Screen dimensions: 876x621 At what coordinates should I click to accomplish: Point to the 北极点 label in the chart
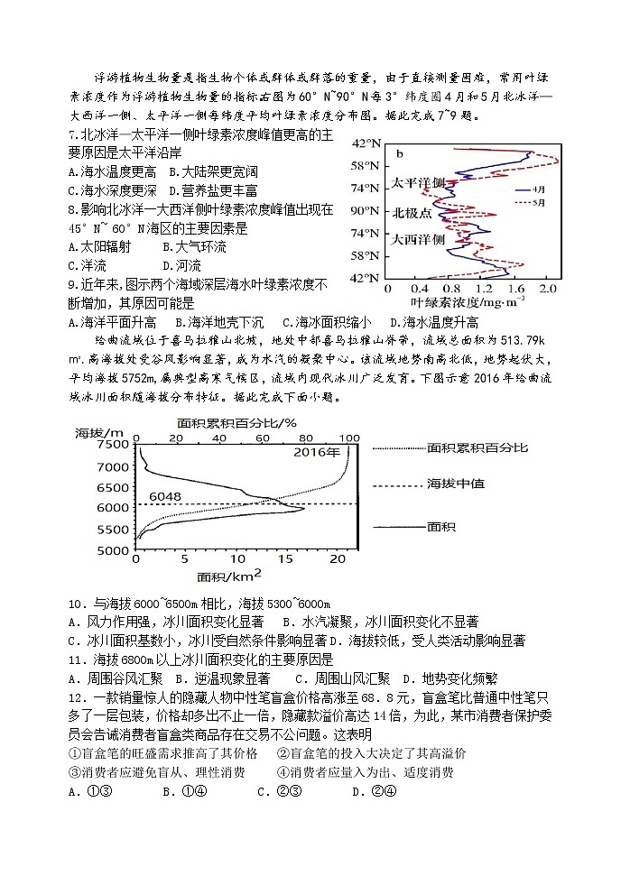[x=412, y=214]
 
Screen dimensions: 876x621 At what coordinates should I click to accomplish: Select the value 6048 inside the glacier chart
[x=166, y=496]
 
